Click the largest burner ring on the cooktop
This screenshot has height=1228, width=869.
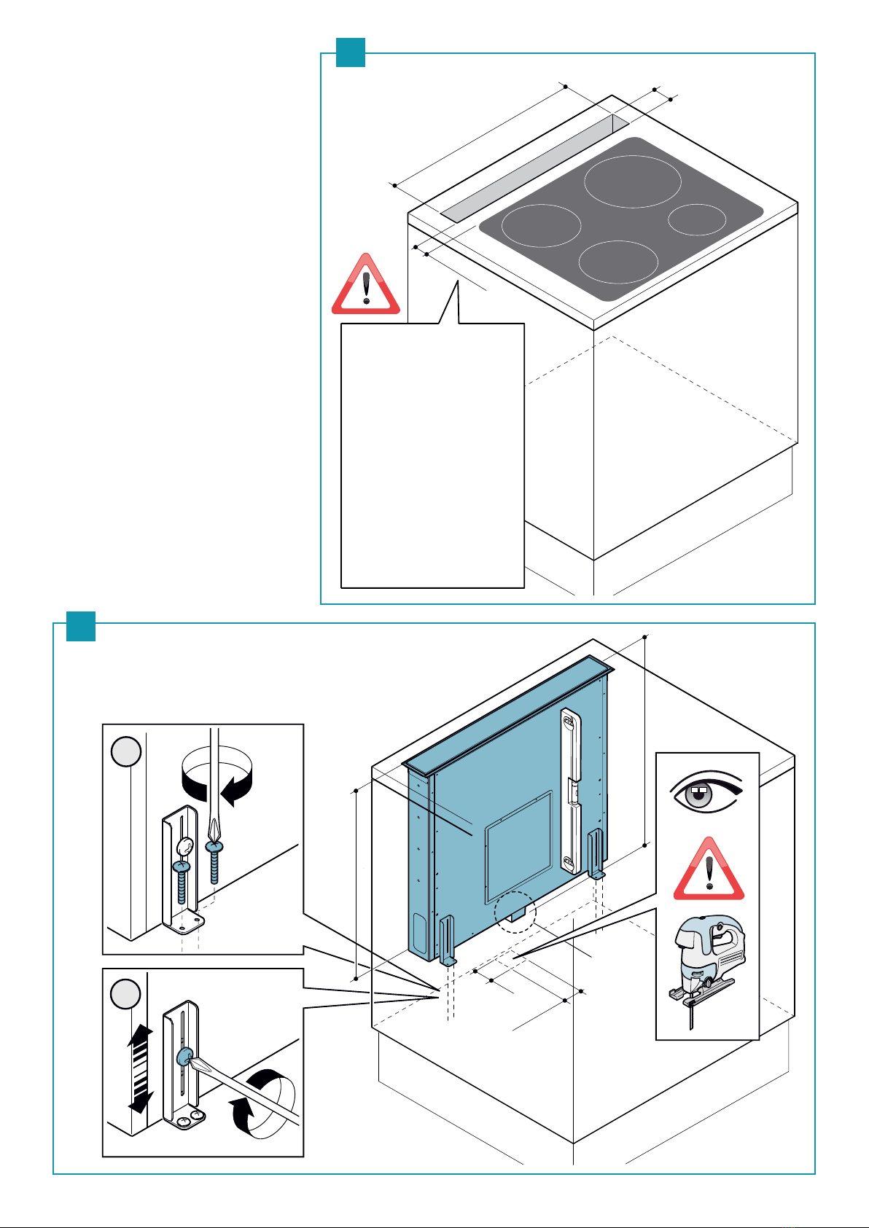pyautogui.click(x=632, y=181)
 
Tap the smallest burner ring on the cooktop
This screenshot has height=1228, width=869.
pyautogui.click(x=697, y=219)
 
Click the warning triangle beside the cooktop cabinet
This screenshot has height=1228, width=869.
pyautogui.click(x=366, y=286)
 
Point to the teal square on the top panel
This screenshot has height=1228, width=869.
pyautogui.click(x=350, y=52)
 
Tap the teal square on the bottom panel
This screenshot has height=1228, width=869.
pyautogui.click(x=81, y=627)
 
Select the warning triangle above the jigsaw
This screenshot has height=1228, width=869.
pyautogui.click(x=709, y=872)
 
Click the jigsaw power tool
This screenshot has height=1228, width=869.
pyautogui.click(x=708, y=963)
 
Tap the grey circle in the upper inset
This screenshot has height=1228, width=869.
pyautogui.click(x=127, y=751)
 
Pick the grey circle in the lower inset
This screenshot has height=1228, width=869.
pyautogui.click(x=127, y=994)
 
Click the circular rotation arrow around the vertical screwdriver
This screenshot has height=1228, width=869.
pyautogui.click(x=217, y=782)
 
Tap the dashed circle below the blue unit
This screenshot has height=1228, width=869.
pyautogui.click(x=515, y=912)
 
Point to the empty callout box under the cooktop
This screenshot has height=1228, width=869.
pyautogui.click(x=432, y=455)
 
